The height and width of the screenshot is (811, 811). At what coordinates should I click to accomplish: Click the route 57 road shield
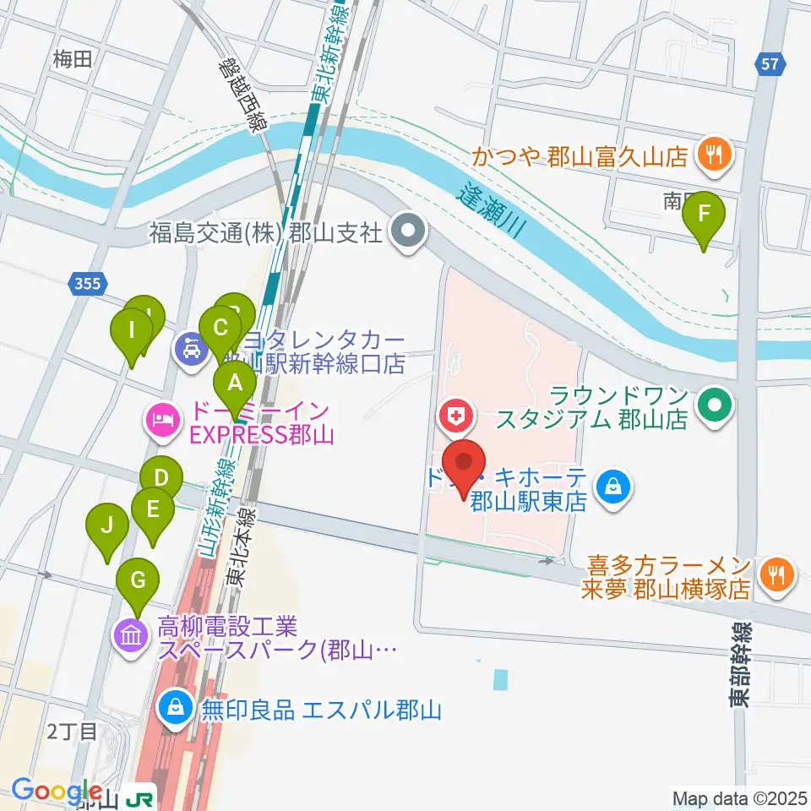pyautogui.click(x=770, y=63)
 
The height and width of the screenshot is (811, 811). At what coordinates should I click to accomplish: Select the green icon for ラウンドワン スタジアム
pyautogui.click(x=716, y=405)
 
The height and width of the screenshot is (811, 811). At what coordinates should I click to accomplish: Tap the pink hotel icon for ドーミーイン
pyautogui.click(x=161, y=420)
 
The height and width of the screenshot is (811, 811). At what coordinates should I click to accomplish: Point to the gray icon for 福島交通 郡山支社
pyautogui.click(x=410, y=229)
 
